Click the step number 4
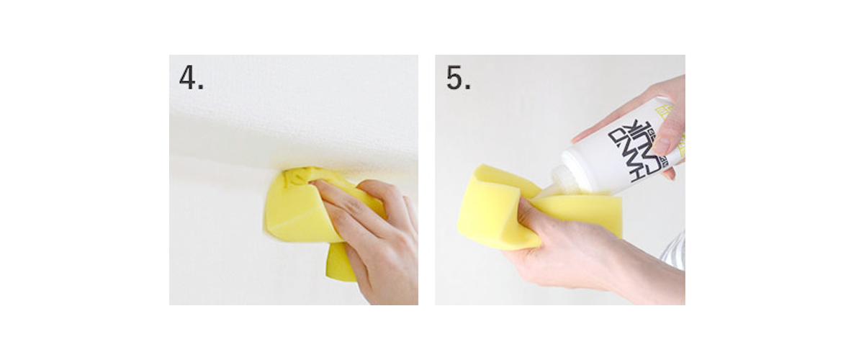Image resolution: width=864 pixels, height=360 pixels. coord(191,78)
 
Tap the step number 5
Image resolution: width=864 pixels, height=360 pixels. coord(458,78)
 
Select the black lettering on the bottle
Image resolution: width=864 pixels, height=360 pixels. coord(634,151)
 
